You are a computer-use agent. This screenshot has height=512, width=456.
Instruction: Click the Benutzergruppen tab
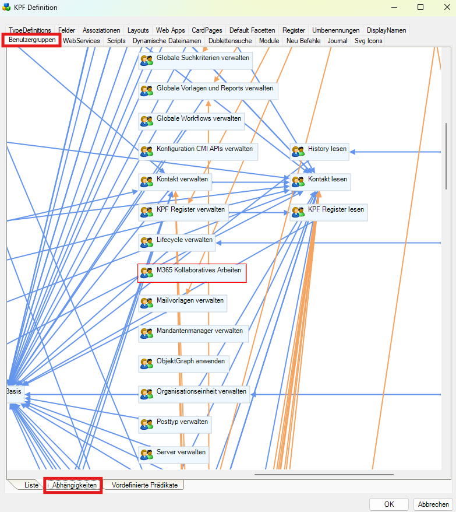click(32, 40)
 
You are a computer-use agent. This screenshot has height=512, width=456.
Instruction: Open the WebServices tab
click(82, 41)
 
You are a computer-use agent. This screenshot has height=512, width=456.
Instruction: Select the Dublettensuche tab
click(229, 41)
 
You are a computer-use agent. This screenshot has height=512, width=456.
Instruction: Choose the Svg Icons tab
click(368, 41)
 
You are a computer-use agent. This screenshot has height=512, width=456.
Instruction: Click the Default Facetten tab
click(252, 30)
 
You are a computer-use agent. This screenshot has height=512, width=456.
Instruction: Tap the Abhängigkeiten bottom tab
click(74, 485)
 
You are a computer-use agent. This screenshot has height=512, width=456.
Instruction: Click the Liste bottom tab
click(31, 485)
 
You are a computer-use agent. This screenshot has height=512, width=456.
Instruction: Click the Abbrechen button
click(433, 504)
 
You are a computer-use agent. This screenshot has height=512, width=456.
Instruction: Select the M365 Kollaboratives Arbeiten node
click(192, 273)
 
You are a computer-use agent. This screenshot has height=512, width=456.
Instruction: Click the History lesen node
click(320, 150)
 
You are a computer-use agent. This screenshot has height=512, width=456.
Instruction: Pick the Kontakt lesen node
click(320, 180)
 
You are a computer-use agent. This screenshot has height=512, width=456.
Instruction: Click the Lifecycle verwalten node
click(177, 240)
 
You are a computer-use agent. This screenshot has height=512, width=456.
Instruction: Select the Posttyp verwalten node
click(174, 422)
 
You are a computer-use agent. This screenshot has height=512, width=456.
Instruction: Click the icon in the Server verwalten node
click(146, 453)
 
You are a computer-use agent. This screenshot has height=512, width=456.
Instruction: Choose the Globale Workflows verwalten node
click(191, 120)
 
